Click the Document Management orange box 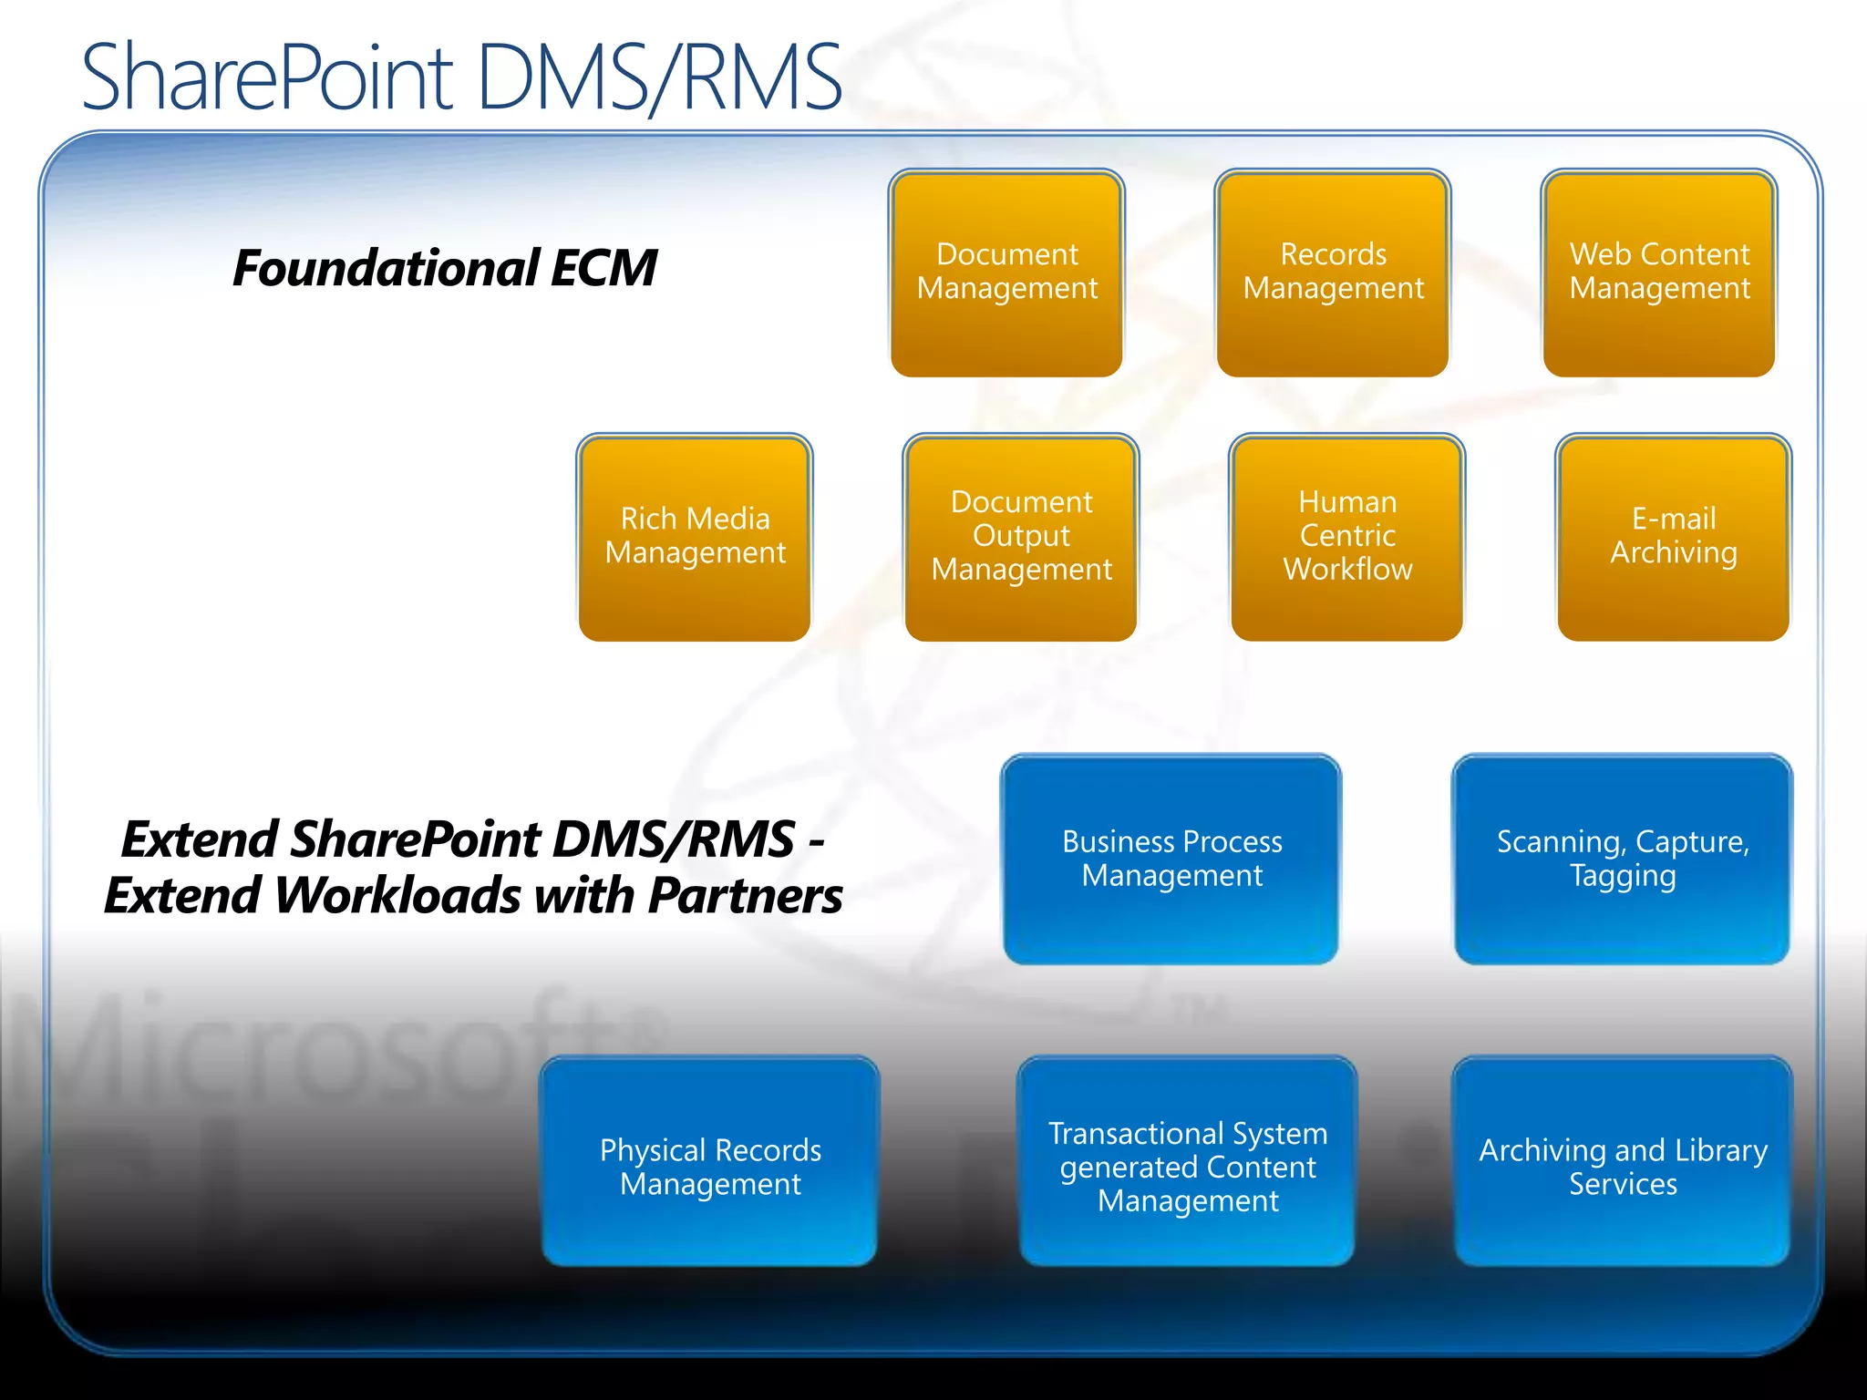click(1006, 273)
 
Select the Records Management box click(1333, 273)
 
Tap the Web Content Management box click(1659, 273)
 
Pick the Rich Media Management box click(695, 538)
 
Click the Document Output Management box click(1021, 538)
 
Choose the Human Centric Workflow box click(1347, 538)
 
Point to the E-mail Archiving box click(1674, 538)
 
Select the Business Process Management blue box click(1171, 860)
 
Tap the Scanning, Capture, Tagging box click(1623, 860)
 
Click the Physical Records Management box click(710, 1162)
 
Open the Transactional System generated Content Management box click(1187, 1162)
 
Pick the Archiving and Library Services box click(1623, 1162)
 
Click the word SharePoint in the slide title click(267, 78)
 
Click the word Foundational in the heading click(387, 269)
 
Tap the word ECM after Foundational click(603, 269)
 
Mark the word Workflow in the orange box click(1347, 570)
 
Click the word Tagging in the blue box click(1623, 877)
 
